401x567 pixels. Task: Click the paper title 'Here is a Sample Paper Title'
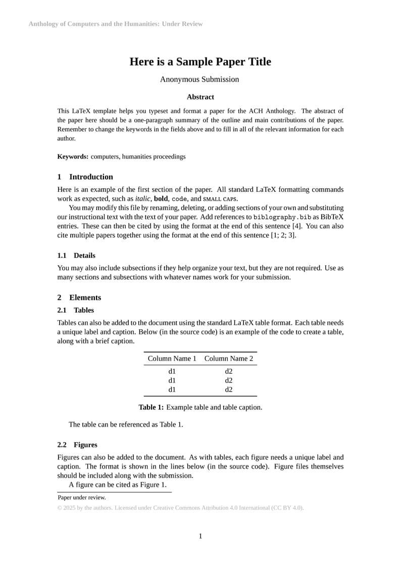pyautogui.click(x=200, y=62)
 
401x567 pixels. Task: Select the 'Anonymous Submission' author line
pyautogui.click(x=199, y=79)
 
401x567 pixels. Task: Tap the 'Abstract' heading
pyautogui.click(x=200, y=97)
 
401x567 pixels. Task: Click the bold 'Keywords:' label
pyautogui.click(x=73, y=157)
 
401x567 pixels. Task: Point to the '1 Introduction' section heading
pyautogui.click(x=85, y=177)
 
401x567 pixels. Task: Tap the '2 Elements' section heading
pyautogui.click(x=79, y=297)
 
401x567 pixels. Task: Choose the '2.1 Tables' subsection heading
pyautogui.click(x=76, y=310)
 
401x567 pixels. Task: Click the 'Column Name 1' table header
pyautogui.click(x=172, y=358)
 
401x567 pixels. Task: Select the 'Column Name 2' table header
pyautogui.click(x=229, y=358)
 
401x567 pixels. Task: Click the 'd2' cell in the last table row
pyautogui.click(x=229, y=389)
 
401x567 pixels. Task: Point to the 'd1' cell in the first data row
pyautogui.click(x=172, y=371)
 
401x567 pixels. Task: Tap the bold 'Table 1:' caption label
pyautogui.click(x=152, y=407)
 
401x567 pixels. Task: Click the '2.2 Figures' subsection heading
pyautogui.click(x=77, y=445)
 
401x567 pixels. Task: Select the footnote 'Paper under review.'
pyautogui.click(x=82, y=497)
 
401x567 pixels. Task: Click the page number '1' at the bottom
pyautogui.click(x=201, y=536)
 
